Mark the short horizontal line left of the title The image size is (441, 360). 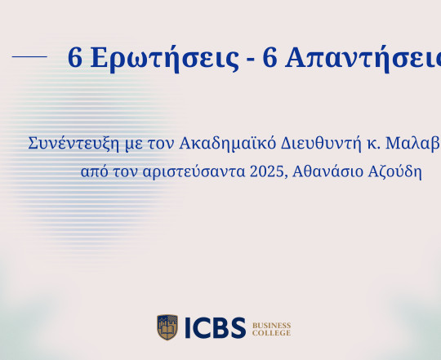tap(30, 56)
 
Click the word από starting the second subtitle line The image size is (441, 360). tap(93, 173)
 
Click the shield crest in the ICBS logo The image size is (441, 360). tap(167, 327)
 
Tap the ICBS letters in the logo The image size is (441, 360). tap(213, 328)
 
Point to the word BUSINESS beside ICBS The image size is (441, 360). tap(272, 323)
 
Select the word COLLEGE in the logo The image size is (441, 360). tap(271, 333)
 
